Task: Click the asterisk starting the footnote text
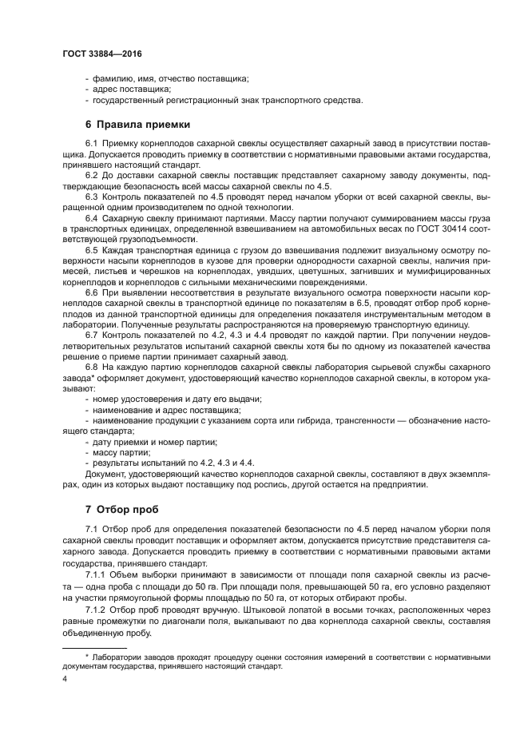click(88, 657)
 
